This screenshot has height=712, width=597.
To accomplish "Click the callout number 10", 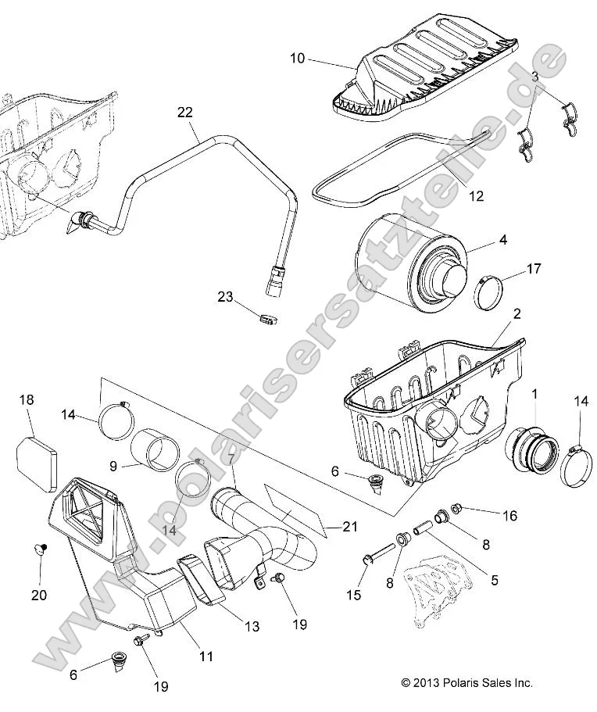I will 297,59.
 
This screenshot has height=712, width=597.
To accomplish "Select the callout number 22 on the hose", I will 184,113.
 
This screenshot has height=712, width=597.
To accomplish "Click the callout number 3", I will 534,76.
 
